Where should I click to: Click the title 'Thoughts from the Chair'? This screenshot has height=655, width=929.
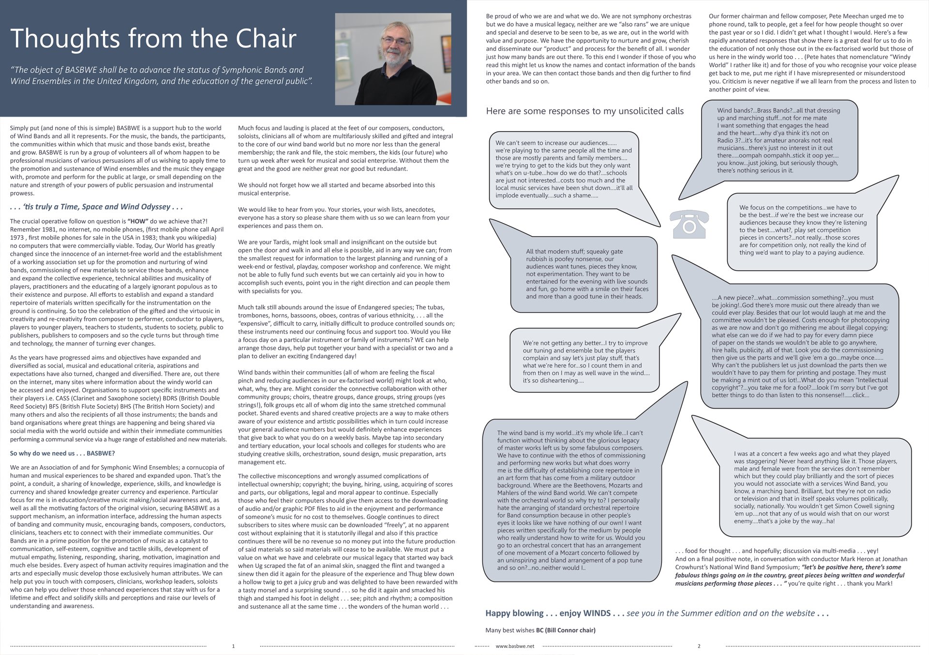[153, 38]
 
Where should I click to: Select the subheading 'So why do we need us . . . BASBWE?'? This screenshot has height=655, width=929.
[62, 454]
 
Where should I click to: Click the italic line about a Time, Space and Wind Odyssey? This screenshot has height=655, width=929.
[96, 207]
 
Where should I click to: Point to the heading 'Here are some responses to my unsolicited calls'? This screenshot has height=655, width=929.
[584, 111]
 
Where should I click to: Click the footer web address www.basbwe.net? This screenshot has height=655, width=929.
[515, 646]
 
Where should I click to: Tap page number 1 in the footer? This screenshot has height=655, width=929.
[233, 646]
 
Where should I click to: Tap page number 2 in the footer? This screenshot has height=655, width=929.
[699, 646]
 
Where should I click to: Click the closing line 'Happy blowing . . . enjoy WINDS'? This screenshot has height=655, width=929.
[549, 613]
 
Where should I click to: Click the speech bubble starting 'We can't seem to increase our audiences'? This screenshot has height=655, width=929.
[564, 169]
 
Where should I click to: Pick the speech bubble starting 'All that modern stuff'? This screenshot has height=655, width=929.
[587, 274]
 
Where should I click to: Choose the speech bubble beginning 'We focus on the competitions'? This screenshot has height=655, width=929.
[802, 230]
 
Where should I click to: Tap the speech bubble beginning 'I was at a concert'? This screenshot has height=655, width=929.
[814, 487]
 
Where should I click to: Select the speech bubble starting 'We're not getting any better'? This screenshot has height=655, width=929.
[585, 362]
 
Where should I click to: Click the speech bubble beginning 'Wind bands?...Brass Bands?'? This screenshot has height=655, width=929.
[779, 140]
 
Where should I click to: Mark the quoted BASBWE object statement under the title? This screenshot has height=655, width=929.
[161, 76]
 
